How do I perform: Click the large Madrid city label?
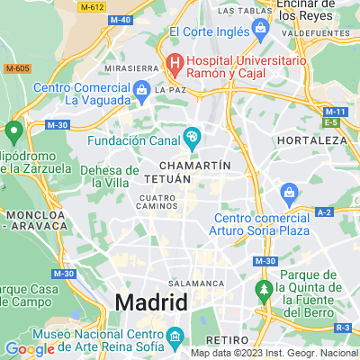tap(150, 301)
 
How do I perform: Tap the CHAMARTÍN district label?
tap(194, 166)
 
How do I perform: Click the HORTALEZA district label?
tap(310, 141)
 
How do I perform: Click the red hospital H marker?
tap(173, 62)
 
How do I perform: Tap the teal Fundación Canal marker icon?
tap(192, 138)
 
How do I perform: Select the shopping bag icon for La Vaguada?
tap(141, 90)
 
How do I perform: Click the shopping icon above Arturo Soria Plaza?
tap(289, 191)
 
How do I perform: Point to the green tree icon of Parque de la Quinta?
tap(264, 289)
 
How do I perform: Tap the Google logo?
tap(30, 349)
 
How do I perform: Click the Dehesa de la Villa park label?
tap(110, 175)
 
